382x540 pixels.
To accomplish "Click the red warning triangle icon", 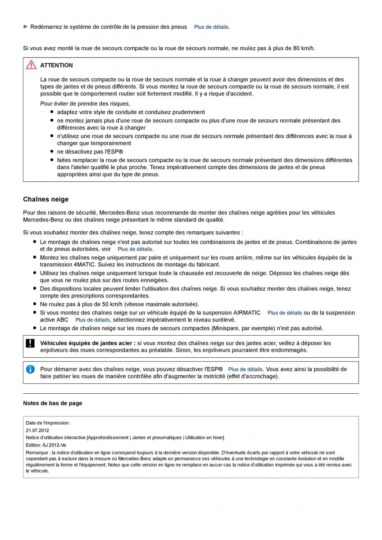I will pos(31,65).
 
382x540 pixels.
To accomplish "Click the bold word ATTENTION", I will pos(56,65).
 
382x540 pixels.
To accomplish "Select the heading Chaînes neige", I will pos(46,199).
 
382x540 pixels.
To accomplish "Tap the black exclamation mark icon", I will pos(30,343).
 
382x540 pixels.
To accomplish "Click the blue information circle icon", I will pos(30,369).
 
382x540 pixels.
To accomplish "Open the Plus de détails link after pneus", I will pos(211,27).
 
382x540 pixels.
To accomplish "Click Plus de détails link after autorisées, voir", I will pos(135,249).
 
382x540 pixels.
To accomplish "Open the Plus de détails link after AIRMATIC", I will pos(285,313).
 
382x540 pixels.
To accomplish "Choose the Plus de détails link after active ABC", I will pos(92,320).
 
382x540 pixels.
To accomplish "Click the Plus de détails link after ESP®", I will pos(246,369).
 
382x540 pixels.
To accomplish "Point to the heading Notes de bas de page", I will pos(53,403).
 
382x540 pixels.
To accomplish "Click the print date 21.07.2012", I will pos(37,430).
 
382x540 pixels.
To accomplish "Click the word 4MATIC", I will pos(68,265).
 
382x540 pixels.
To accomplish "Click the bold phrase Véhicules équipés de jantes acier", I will pos(87,343).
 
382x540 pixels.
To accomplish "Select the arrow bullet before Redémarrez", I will pos(26,27).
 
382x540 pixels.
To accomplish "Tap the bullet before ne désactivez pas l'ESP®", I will pos(52,152).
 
